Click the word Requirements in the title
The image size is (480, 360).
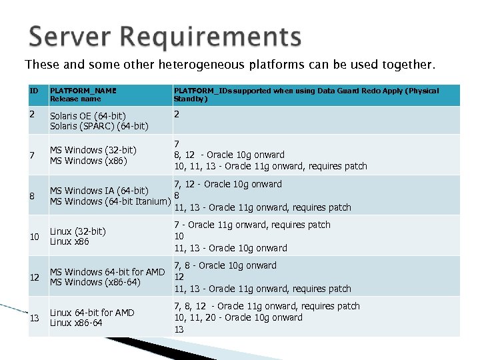coord(214,38)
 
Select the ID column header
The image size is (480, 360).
coord(34,91)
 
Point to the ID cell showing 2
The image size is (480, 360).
coord(32,114)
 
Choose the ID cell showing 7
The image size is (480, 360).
coord(32,155)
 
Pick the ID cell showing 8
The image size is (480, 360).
coord(32,196)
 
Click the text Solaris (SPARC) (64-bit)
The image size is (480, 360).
coord(99,125)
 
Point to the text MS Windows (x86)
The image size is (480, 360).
coord(88,161)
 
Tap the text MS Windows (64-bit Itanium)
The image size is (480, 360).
coord(110,201)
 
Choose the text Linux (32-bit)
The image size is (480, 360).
coord(78,231)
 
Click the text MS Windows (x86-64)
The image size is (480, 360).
coord(95,283)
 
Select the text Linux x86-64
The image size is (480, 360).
coord(77,323)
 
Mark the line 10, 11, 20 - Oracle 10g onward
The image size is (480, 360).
coord(238,318)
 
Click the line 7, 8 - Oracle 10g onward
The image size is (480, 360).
coord(225,265)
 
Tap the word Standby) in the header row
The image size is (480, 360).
coord(191,99)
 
